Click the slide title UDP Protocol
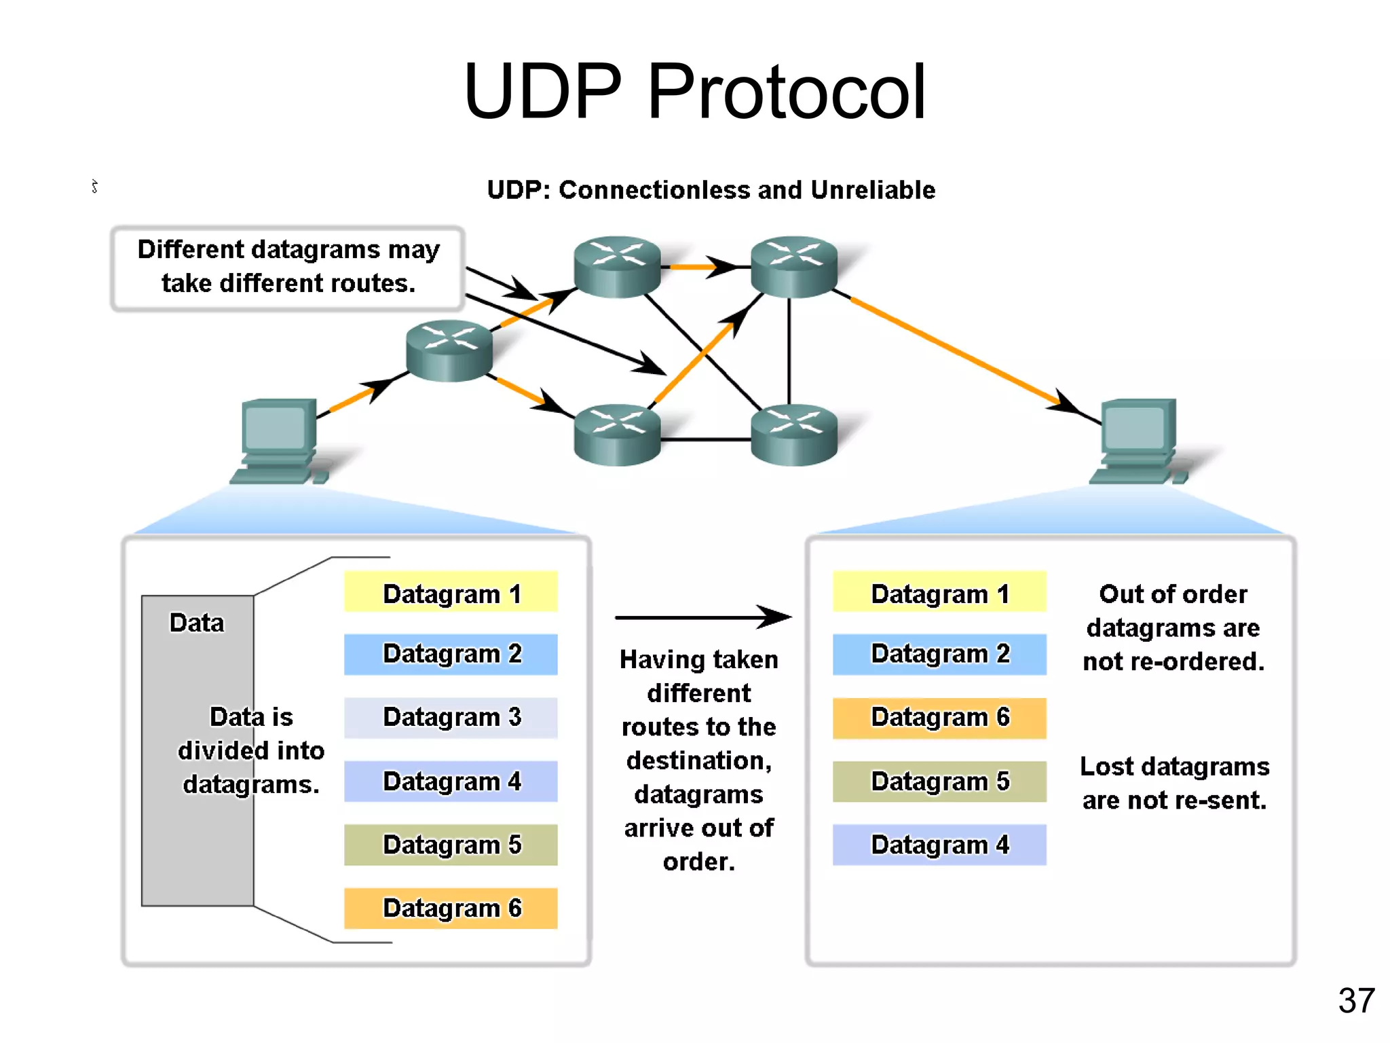pos(694,92)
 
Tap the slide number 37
pos(1355,1000)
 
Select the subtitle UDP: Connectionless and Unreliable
pos(711,190)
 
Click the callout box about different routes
pos(288,268)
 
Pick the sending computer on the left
pos(278,439)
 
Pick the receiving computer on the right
pos(1138,439)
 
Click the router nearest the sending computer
pos(449,350)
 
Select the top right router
pos(793,266)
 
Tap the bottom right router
pos(793,435)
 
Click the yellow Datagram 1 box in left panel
pos(451,592)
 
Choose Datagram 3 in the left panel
pos(451,718)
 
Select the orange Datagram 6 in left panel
pos(451,909)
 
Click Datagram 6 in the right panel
pos(939,718)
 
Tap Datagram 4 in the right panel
pos(939,845)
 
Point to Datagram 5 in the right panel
pos(939,782)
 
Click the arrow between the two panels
pos(702,617)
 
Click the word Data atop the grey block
pos(196,623)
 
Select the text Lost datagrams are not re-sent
pos(1174,783)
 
